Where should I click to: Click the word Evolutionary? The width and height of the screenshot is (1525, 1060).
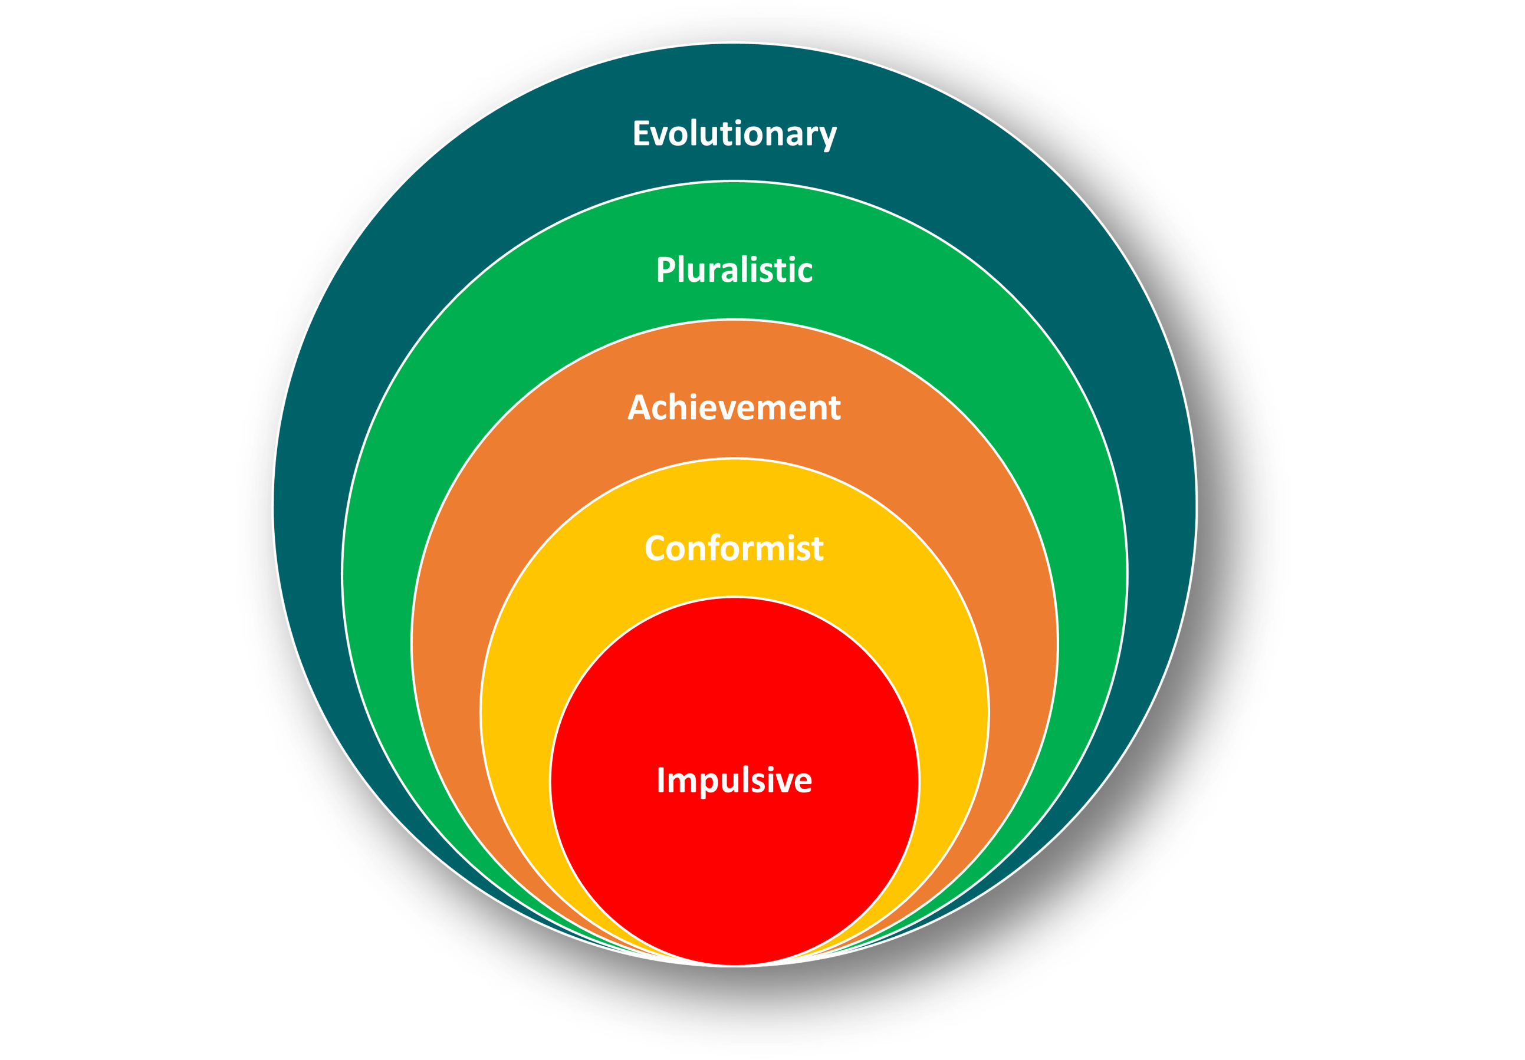[x=734, y=133]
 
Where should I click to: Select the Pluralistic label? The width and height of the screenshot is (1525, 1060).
[x=734, y=269]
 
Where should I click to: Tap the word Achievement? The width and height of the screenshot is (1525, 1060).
[x=734, y=407]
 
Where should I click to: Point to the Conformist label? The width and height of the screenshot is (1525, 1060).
[x=734, y=548]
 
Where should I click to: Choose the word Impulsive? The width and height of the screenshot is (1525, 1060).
[x=734, y=780]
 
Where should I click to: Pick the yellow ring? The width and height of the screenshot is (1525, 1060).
[x=531, y=697]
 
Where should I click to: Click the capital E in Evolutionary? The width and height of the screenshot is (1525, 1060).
[x=641, y=133]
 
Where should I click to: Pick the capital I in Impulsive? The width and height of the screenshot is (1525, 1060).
[x=661, y=780]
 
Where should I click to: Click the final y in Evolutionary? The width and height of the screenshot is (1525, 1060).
[x=829, y=137]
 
